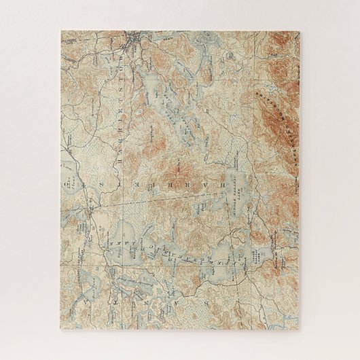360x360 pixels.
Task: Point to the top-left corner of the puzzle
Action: [x=60, y=29]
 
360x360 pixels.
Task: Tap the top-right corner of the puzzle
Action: [x=300, y=29]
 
